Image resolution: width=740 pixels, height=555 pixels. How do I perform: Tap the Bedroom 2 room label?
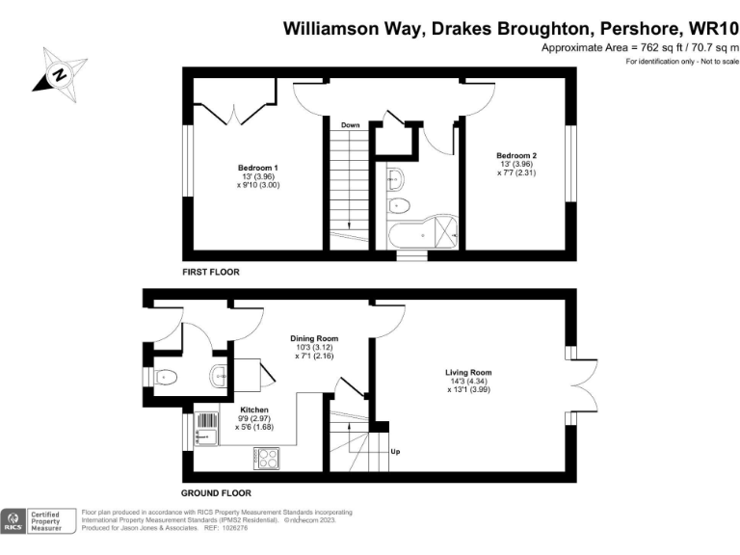516,156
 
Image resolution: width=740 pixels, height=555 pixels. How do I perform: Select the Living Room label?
468,373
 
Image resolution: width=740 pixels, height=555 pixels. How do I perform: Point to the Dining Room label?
315,338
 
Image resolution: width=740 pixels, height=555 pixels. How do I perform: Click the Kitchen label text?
240,409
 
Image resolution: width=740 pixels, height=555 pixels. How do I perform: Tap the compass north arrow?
58,72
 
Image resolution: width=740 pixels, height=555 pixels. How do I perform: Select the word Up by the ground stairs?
395,451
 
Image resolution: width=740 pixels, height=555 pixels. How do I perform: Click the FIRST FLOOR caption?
211,273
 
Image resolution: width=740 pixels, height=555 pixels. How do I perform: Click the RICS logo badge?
14,521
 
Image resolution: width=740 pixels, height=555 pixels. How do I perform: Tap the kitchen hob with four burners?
266,458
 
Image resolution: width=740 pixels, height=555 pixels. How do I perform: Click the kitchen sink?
207,429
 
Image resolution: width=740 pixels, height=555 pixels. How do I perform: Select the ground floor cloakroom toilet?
166,377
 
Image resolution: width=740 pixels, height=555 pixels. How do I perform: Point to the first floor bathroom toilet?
399,205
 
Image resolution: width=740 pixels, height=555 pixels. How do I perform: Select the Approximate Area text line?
639,48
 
